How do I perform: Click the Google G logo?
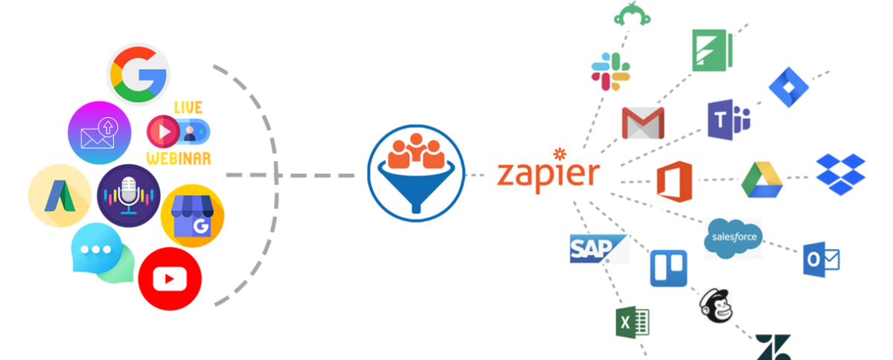click(138, 74)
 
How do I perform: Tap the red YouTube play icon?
click(170, 279)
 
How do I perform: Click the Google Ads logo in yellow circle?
click(60, 196)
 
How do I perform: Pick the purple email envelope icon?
click(100, 132)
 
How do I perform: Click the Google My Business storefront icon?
click(192, 216)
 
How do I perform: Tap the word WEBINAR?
click(179, 158)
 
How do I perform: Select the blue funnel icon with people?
click(415, 176)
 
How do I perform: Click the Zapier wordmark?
click(548, 173)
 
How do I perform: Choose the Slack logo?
click(611, 71)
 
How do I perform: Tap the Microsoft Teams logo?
click(729, 120)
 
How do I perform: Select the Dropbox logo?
click(840, 174)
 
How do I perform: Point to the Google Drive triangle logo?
click(761, 179)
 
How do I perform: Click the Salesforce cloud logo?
click(732, 238)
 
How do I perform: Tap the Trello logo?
click(668, 268)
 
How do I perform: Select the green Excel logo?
click(632, 322)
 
